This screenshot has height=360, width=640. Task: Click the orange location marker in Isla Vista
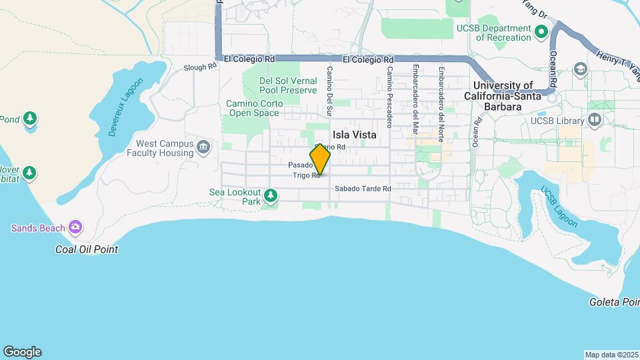(x=320, y=160)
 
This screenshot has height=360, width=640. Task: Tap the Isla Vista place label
(x=355, y=135)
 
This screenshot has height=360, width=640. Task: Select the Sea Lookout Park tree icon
(x=270, y=195)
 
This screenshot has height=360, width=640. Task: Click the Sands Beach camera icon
(x=75, y=228)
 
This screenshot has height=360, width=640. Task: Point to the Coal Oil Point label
(x=87, y=249)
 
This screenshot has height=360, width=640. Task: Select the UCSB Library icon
(x=595, y=121)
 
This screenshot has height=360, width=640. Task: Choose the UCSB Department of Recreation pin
(x=541, y=31)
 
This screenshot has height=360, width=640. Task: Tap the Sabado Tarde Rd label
(x=363, y=189)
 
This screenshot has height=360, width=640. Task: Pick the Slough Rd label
(x=201, y=67)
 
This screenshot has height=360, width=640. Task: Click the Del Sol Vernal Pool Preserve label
(x=288, y=85)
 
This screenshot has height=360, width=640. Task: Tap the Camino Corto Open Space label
(x=254, y=108)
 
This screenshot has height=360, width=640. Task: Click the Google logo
(x=22, y=352)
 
